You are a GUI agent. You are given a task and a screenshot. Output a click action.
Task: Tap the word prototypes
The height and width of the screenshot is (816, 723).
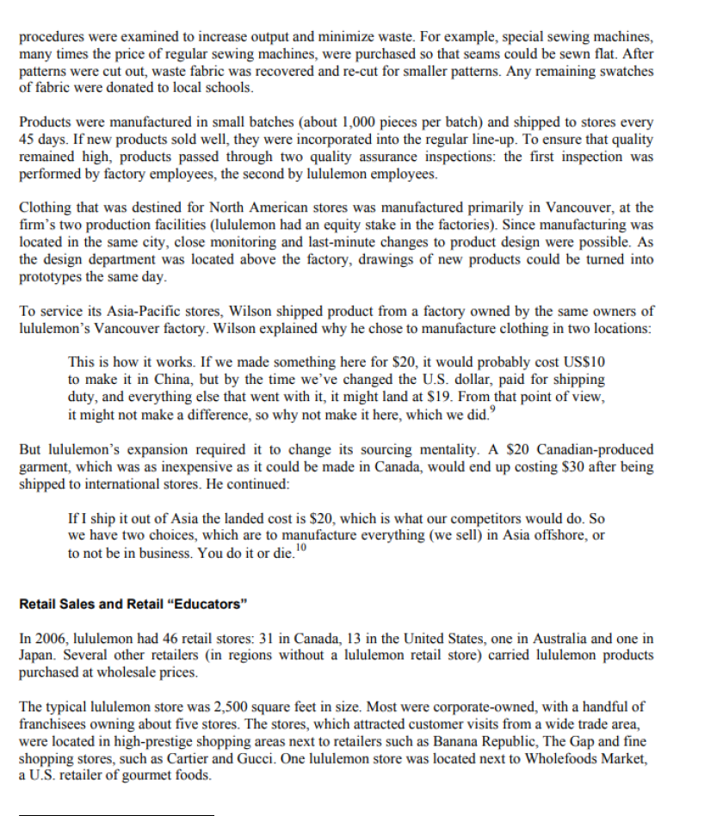[x=52, y=276]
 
